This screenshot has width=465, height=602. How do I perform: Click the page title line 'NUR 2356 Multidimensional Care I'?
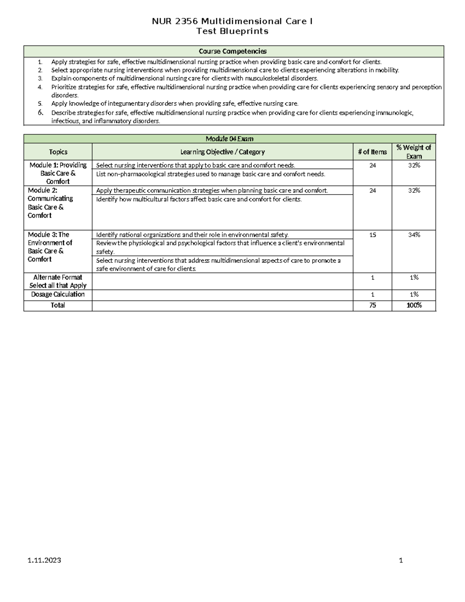click(232, 21)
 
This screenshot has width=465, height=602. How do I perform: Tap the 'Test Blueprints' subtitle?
click(232, 31)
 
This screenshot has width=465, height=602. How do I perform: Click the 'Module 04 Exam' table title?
click(229, 139)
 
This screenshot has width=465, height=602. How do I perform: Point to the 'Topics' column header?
click(58, 152)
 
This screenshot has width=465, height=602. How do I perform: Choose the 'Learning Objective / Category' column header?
click(222, 152)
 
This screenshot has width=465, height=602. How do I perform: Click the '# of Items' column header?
click(372, 152)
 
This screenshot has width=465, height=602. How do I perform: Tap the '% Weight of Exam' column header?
click(414, 152)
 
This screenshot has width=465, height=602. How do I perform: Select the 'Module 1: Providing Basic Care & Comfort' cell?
click(58, 173)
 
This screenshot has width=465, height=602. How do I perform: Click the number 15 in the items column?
click(372, 235)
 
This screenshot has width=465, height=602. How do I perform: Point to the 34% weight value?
click(414, 235)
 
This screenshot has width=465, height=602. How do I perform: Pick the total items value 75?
click(372, 305)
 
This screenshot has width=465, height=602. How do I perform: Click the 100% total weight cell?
click(414, 305)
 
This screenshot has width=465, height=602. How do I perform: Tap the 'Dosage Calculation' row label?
click(58, 295)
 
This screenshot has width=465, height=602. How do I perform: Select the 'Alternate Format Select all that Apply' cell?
click(58, 281)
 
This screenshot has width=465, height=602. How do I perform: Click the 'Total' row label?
click(58, 305)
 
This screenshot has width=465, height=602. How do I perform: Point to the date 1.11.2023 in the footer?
click(44, 561)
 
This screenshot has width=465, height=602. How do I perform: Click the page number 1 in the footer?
click(401, 561)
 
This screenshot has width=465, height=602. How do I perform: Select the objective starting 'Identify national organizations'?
click(192, 235)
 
